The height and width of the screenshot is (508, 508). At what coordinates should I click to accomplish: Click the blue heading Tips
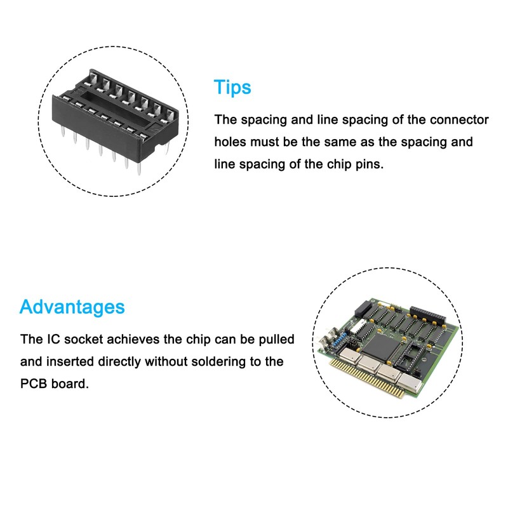pos(232,87)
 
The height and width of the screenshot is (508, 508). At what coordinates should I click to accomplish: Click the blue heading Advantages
pos(72,307)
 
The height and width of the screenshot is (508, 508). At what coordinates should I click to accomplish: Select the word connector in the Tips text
pos(454,119)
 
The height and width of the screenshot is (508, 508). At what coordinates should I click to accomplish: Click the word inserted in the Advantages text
pos(72,362)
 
